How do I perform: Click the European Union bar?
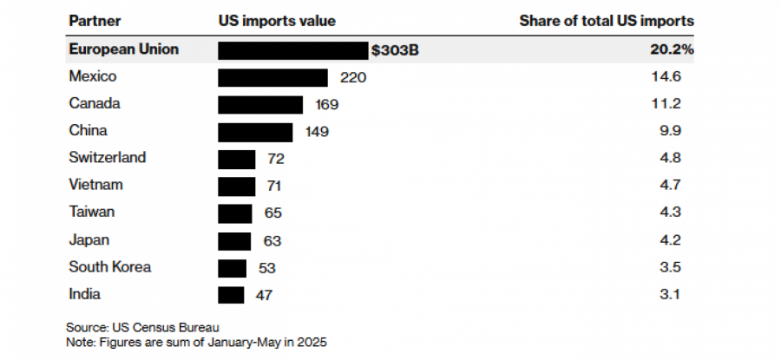tap(293, 50)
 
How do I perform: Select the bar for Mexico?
tap(272, 78)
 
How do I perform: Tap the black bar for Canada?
tap(260, 105)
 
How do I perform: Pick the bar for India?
tap(231, 295)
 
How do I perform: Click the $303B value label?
tap(395, 50)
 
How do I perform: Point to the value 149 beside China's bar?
tap(317, 133)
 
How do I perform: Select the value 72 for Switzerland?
tap(276, 160)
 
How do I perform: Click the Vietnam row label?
tap(95, 185)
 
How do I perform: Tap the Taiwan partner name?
tap(91, 212)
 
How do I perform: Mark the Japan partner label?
tap(89, 239)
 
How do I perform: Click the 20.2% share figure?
tap(673, 50)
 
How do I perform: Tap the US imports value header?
tap(276, 20)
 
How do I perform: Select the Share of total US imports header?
tap(606, 20)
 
